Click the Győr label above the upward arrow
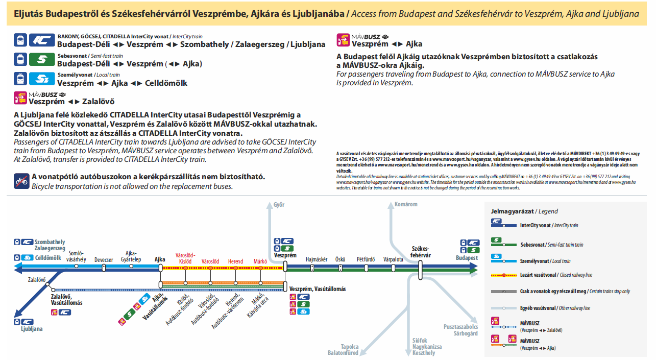pyautogui.click(x=279, y=205)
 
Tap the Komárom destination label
pyautogui.click(x=406, y=205)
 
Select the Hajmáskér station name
pyautogui.click(x=317, y=259)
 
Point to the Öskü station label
pyautogui.click(x=340, y=259)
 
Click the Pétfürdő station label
pyautogui.click(x=366, y=259)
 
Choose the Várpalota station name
pyautogui.click(x=393, y=259)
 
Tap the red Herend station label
pyautogui.click(x=235, y=261)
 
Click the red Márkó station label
pyautogui.click(x=260, y=261)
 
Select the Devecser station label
pyautogui.click(x=104, y=260)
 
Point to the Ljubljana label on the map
pyautogui.click(x=32, y=329)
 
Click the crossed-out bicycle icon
pyautogui.click(x=21, y=181)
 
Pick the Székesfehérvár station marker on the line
pyautogui.click(x=420, y=270)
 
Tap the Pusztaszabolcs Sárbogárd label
pyautogui.click(x=460, y=330)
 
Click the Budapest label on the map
pyautogui.click(x=467, y=258)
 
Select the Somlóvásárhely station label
pyautogui.click(x=76, y=256)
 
